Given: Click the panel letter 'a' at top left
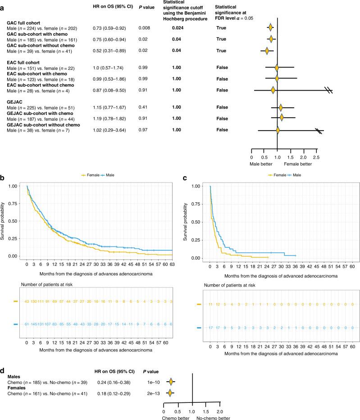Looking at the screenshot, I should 4,4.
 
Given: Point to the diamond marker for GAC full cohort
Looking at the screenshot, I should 270,28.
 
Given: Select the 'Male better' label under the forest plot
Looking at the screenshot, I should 262,164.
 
